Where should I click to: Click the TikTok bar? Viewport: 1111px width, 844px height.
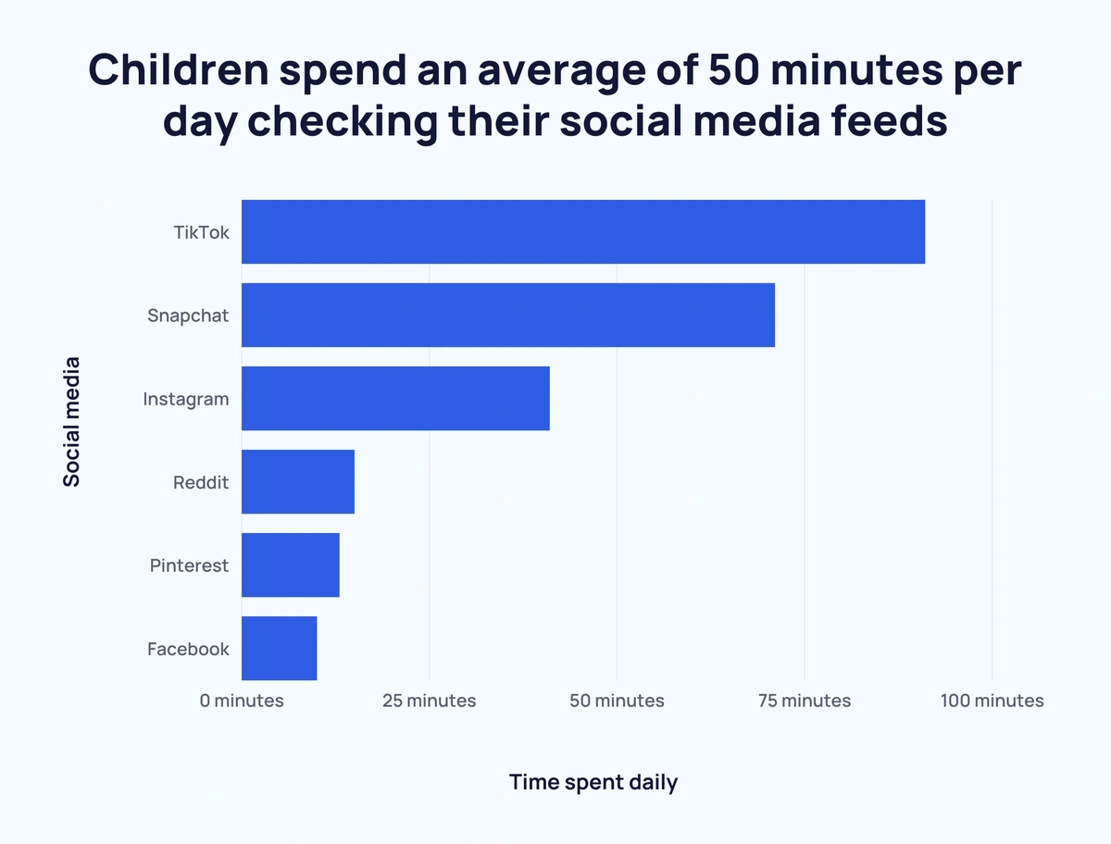[583, 231]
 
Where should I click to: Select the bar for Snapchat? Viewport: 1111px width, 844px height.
[508, 315]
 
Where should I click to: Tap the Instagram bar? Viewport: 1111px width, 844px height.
[395, 398]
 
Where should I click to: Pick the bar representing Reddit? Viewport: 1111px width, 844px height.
[298, 481]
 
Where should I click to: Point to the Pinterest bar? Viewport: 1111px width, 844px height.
[291, 565]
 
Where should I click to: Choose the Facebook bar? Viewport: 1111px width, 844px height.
[280, 648]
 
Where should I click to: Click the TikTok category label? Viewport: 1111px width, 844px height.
[201, 232]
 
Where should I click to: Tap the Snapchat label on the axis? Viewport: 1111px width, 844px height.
[188, 316]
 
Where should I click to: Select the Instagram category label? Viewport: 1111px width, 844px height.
[185, 400]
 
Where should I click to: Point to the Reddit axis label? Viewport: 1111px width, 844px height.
[201, 482]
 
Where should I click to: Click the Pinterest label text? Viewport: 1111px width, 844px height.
[189, 565]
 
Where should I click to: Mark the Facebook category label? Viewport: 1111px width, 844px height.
[188, 649]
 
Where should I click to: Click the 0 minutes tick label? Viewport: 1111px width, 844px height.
[242, 701]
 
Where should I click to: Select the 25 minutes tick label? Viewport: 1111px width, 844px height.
[430, 701]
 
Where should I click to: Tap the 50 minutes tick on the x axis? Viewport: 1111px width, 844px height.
[617, 701]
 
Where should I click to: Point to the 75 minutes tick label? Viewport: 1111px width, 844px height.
[805, 701]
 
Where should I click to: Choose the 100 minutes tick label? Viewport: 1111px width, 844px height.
[992, 701]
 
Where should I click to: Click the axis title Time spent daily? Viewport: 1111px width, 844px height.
[593, 782]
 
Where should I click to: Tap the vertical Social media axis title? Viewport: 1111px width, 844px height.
[71, 421]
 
